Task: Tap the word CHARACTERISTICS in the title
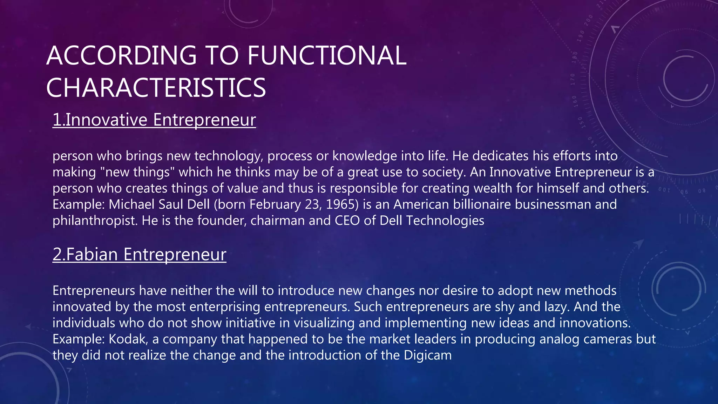[156, 88]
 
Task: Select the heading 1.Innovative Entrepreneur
[154, 120]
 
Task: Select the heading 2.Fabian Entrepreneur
[139, 254]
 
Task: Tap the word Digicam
[428, 355]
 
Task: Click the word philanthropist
[95, 221]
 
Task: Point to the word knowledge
[364, 156]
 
